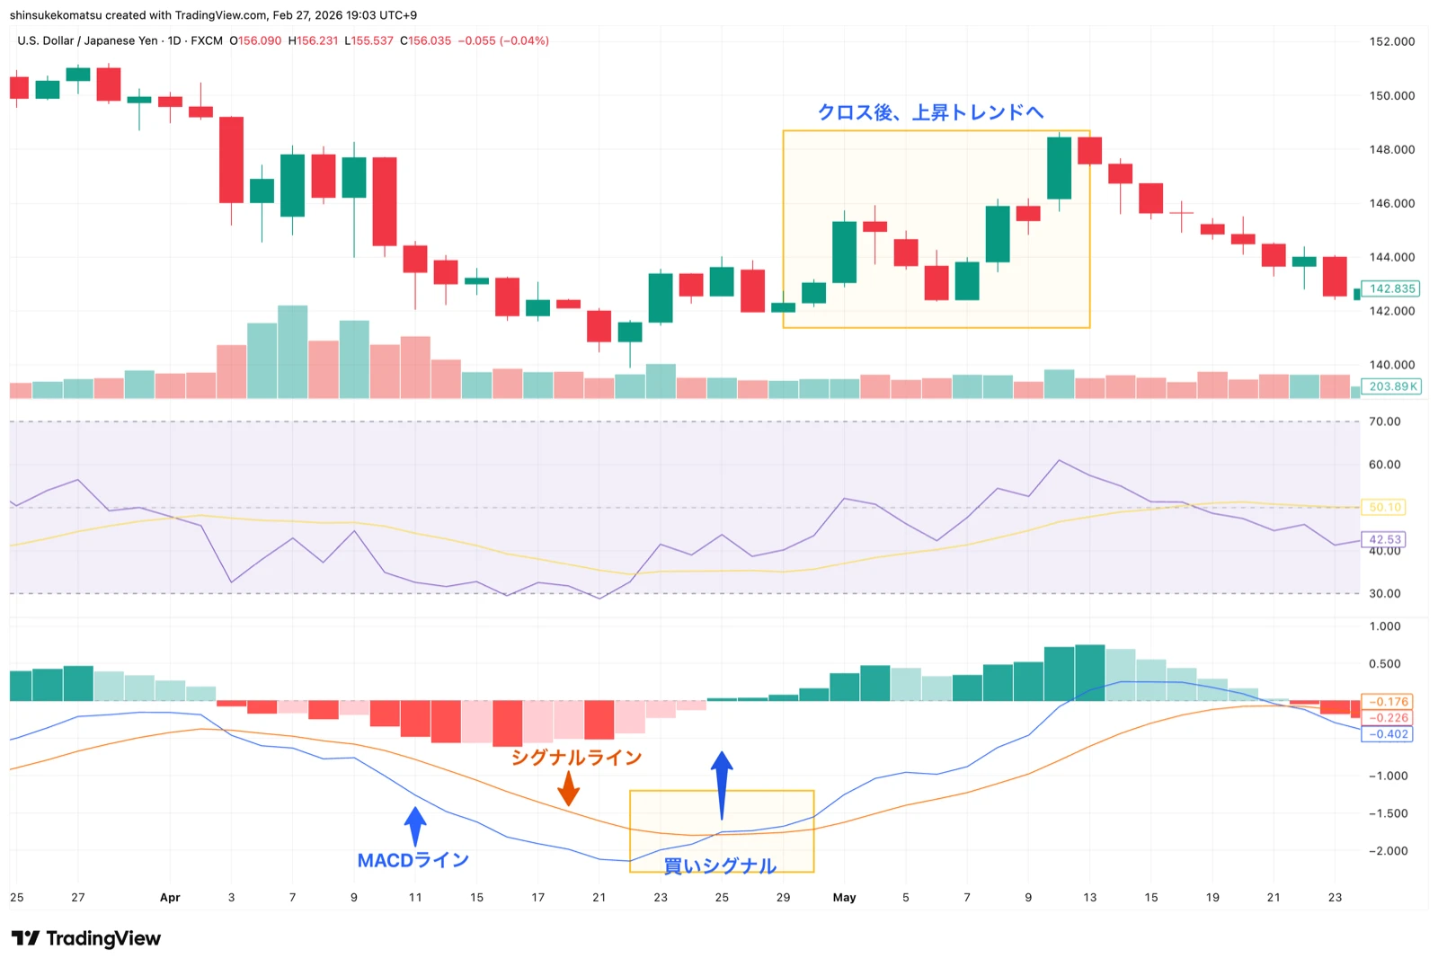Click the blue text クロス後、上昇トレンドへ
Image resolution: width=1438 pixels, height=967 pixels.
coord(929,112)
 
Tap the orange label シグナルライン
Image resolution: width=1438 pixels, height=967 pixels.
coord(576,758)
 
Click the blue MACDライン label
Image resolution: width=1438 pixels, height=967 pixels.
coord(413,861)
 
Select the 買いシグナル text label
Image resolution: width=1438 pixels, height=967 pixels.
coord(720,865)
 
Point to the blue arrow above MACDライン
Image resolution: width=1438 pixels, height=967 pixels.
coord(414,826)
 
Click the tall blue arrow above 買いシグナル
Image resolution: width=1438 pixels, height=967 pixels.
coord(722,785)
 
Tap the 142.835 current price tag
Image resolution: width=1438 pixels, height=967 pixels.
coord(1392,288)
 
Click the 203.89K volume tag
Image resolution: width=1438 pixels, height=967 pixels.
coord(1392,386)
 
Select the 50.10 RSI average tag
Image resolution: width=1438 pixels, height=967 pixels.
coord(1384,508)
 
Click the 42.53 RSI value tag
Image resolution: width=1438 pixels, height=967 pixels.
coord(1384,539)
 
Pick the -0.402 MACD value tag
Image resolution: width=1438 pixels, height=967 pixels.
coord(1389,734)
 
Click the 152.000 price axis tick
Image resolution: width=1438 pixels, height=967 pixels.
coord(1391,41)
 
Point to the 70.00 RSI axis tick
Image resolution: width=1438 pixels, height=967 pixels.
coord(1384,421)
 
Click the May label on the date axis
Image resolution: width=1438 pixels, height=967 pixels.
coord(844,897)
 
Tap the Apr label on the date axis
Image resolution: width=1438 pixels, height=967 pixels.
coord(170,897)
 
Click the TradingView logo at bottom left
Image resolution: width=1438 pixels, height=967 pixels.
coord(86,938)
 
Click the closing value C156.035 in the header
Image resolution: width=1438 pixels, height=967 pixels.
coord(426,40)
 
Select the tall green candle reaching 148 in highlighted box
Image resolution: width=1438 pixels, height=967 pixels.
coord(1059,168)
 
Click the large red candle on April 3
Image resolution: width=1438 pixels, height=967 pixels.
coord(231,160)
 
